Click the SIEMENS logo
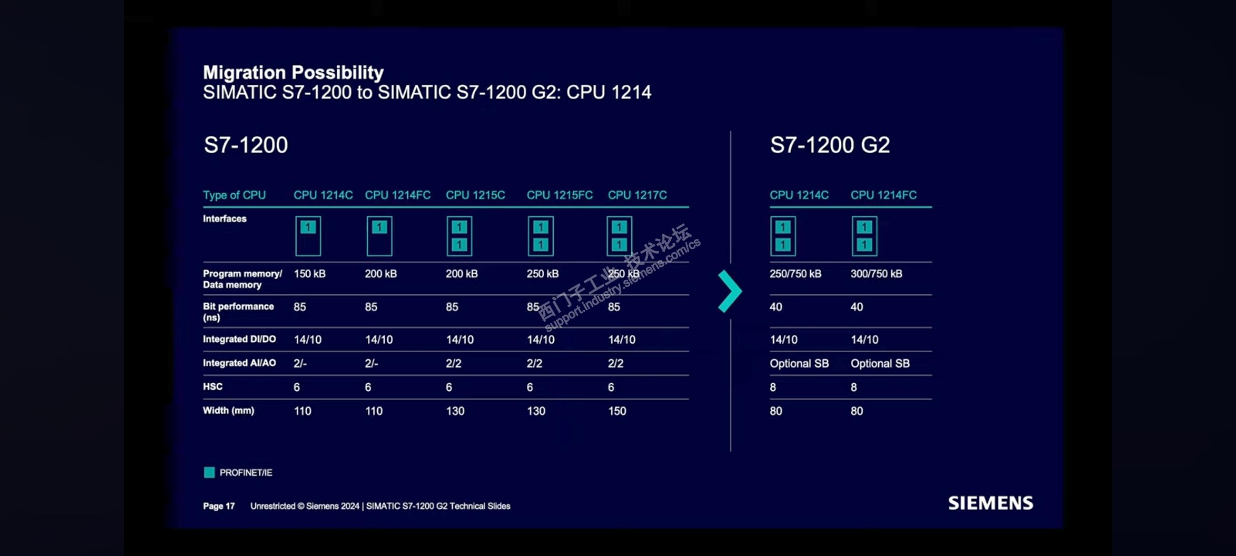(990, 503)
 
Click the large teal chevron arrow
(730, 291)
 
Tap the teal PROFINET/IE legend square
(209, 473)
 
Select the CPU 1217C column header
(637, 195)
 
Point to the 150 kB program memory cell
(309, 273)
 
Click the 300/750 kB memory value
(876, 273)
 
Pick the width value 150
(617, 411)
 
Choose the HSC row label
(212, 386)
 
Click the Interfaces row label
(225, 218)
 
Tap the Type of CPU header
(234, 195)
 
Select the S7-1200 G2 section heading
(829, 144)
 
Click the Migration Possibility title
(293, 72)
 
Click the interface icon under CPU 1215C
(459, 236)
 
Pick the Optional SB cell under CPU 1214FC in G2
(880, 363)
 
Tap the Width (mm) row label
(228, 410)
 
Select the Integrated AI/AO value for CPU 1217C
(616, 363)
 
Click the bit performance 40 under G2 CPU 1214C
(776, 307)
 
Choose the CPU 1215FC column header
(560, 195)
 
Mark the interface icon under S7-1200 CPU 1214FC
(379, 236)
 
